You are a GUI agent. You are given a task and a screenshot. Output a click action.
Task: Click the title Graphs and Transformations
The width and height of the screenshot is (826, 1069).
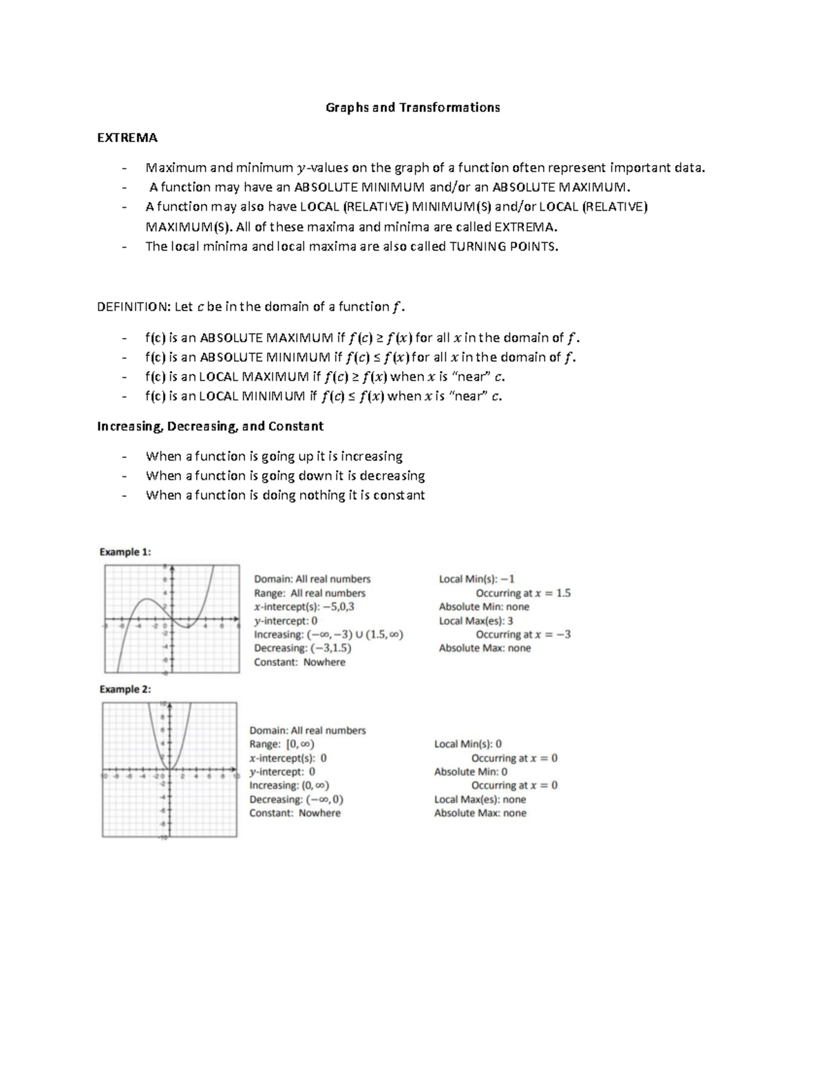[x=412, y=107]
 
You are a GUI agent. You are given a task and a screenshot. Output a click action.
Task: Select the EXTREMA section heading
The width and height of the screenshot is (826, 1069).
[x=127, y=138]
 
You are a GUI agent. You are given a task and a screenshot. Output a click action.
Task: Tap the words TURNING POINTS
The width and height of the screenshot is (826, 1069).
[x=503, y=246]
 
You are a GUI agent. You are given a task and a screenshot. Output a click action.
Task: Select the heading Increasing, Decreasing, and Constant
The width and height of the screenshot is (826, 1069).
[x=210, y=426]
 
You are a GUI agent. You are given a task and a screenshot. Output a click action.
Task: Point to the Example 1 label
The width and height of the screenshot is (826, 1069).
[x=125, y=551]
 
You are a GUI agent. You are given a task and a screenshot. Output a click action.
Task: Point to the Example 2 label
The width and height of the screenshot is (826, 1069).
[x=125, y=689]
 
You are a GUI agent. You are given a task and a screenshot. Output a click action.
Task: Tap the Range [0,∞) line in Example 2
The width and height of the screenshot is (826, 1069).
[x=282, y=744]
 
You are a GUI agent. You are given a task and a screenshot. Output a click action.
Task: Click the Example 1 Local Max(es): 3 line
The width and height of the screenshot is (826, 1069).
[x=476, y=621]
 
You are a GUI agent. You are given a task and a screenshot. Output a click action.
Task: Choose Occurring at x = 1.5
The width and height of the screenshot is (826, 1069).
[x=523, y=593]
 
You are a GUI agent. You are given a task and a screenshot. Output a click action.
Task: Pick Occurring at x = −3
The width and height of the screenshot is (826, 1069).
[x=523, y=635]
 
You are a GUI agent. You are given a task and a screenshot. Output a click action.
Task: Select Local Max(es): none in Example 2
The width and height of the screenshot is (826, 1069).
[x=480, y=799]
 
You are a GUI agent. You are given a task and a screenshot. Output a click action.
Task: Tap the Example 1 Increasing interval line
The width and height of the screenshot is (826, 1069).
[x=328, y=635]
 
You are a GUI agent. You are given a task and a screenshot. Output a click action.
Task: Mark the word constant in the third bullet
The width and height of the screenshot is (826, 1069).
[x=399, y=495]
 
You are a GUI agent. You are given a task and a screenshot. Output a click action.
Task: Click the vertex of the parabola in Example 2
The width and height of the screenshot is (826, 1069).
[x=169, y=770]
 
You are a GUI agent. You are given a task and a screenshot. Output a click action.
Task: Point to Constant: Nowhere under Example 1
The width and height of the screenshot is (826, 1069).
[x=299, y=662]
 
